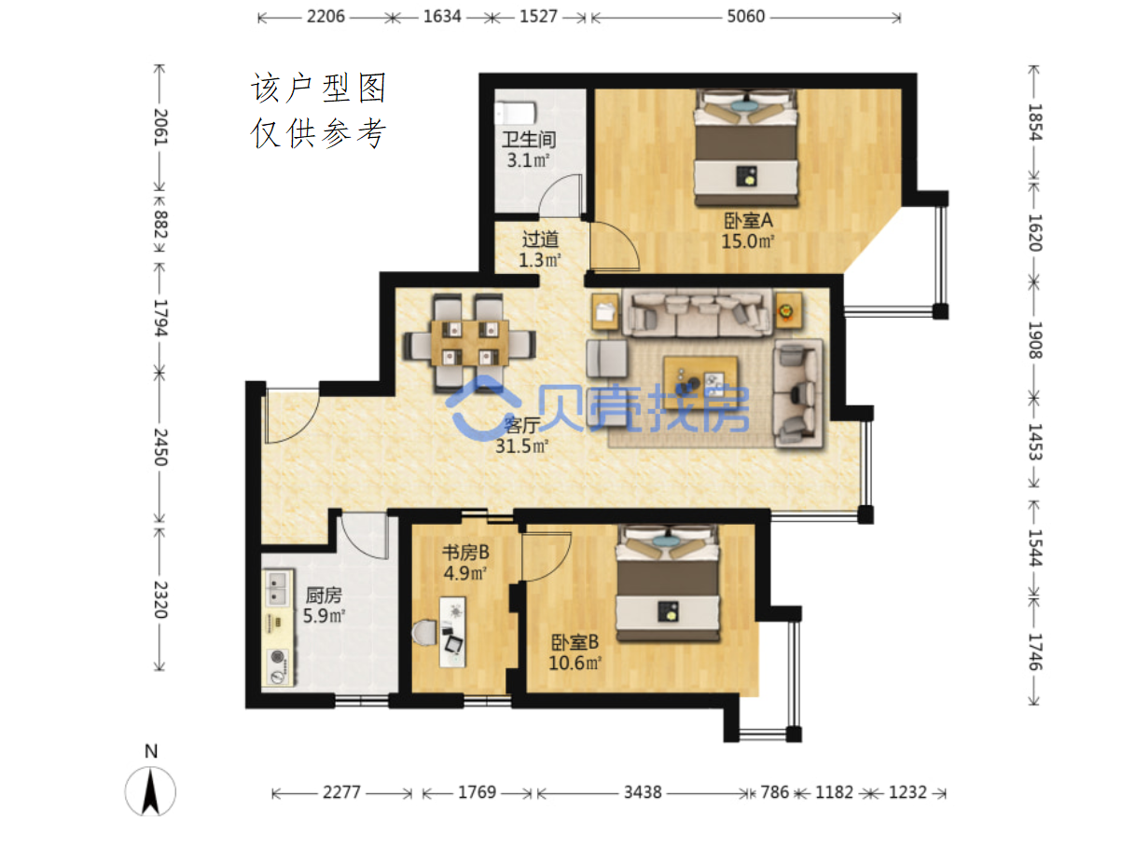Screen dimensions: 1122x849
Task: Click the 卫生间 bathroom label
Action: click(528, 139)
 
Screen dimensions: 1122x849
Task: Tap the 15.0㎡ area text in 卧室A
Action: click(747, 241)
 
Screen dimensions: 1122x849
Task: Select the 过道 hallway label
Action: click(539, 239)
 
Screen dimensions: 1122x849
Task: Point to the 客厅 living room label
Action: click(521, 424)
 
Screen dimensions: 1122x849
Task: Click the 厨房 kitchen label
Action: click(323, 595)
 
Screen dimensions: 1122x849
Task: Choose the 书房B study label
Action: click(465, 552)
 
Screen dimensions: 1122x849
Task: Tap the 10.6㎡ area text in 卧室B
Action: click(574, 663)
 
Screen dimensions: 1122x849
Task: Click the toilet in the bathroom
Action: click(515, 113)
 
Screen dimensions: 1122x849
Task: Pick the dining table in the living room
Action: click(469, 343)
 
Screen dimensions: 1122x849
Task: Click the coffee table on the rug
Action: click(700, 378)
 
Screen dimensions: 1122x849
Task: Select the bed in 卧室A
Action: click(745, 148)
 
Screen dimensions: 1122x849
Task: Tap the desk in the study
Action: click(451, 632)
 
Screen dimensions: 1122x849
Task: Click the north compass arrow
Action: click(150, 791)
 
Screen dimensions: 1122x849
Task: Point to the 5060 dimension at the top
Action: click(745, 17)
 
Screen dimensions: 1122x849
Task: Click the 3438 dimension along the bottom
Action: click(643, 792)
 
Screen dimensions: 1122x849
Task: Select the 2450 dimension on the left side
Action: click(160, 447)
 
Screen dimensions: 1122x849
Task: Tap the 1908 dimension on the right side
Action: click(1034, 340)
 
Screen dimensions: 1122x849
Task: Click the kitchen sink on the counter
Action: click(277, 588)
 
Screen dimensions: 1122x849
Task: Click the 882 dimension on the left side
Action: click(160, 225)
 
